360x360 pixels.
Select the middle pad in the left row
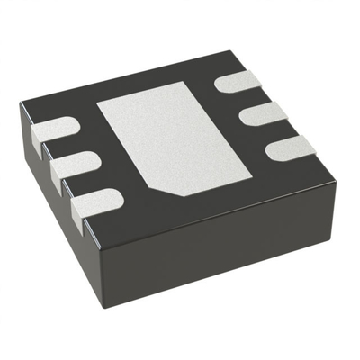(x=72, y=166)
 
